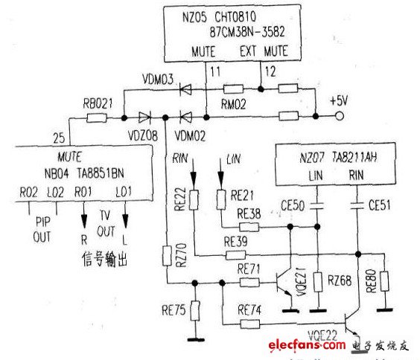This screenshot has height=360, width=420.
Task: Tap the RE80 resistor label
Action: click(x=371, y=279)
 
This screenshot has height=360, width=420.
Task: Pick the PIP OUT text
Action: click(x=42, y=228)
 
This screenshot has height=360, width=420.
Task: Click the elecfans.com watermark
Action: click(x=303, y=346)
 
